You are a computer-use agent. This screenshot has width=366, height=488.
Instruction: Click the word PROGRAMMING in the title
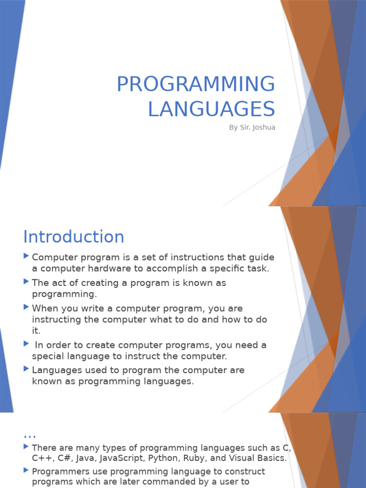196,85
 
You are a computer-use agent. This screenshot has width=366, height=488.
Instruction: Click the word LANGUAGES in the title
211,109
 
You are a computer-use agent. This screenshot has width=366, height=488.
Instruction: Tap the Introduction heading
74,237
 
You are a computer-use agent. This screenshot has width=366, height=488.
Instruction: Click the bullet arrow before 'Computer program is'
26,256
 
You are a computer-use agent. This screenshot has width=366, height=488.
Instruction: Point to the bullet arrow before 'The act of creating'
26,282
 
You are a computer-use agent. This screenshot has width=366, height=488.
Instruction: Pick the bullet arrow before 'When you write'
26,307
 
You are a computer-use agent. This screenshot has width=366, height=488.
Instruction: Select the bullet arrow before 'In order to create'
26,344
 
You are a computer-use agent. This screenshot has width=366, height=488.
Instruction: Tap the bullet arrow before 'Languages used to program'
26,369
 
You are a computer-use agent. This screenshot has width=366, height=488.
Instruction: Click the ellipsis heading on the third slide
30,434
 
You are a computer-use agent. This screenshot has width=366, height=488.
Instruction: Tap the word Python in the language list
163,458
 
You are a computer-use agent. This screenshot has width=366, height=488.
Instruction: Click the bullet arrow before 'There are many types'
26,447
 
